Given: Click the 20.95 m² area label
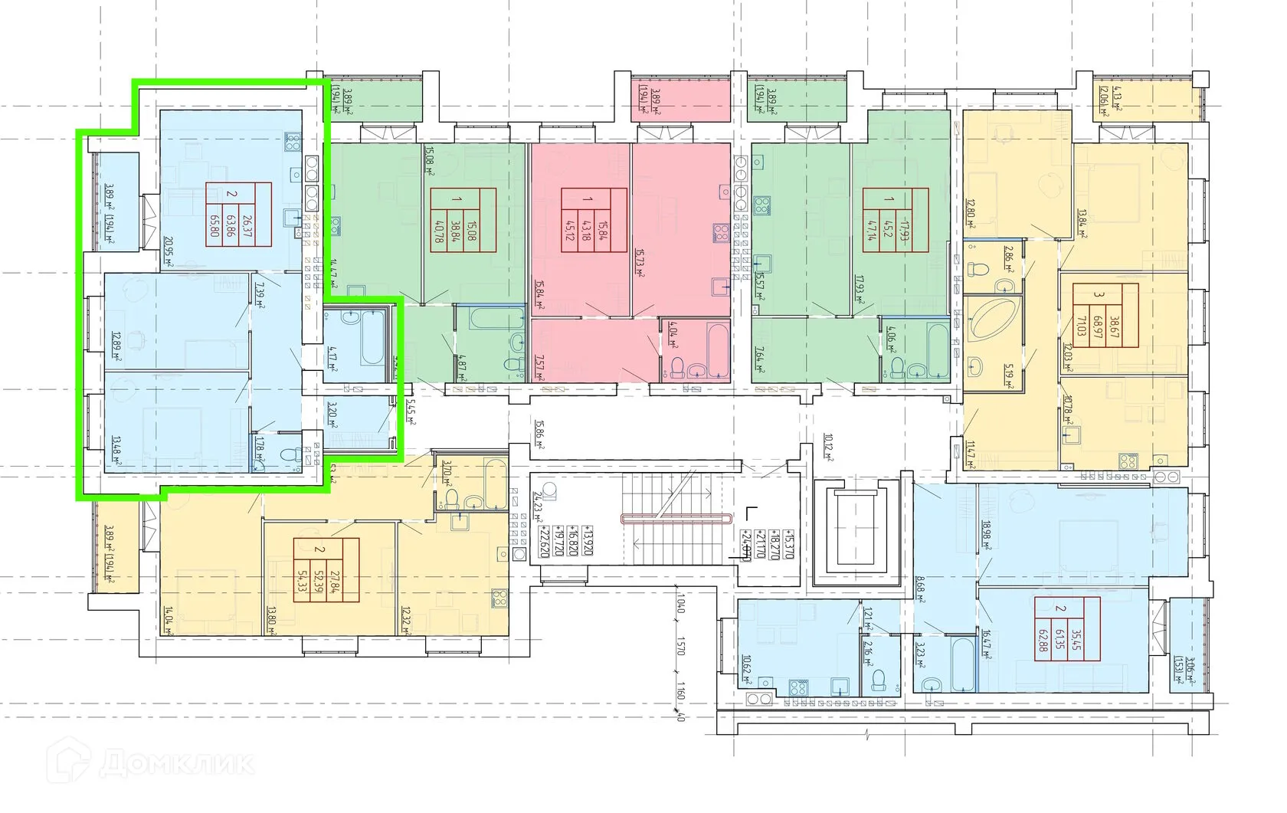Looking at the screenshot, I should click(168, 251).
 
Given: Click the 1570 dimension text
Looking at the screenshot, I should click(680, 651).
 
